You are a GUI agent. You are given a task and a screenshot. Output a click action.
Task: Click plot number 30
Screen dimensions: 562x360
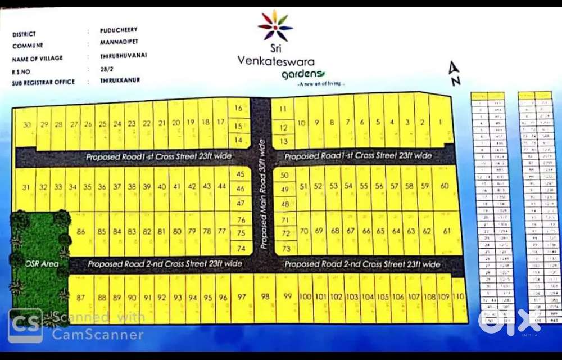(x=26, y=124)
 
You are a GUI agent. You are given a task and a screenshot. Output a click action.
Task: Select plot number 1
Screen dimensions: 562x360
(x=441, y=122)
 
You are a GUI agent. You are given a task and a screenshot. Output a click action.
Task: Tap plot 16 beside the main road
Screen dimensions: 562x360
(x=239, y=107)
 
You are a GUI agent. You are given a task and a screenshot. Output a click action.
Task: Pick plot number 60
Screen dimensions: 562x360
(x=445, y=186)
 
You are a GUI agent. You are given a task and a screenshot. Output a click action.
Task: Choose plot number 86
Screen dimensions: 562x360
(x=81, y=231)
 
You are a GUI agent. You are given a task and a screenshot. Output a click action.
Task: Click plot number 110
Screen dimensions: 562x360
(x=459, y=296)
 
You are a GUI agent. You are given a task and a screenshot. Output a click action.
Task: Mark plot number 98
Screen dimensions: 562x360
(x=265, y=296)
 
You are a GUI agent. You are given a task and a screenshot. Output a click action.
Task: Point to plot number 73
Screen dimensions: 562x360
(x=285, y=248)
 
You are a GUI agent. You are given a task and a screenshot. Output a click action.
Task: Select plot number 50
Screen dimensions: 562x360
(x=284, y=175)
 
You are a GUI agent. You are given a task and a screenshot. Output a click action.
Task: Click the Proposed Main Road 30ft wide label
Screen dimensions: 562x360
(x=262, y=194)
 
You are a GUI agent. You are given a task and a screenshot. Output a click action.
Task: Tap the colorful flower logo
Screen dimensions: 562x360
(x=275, y=26)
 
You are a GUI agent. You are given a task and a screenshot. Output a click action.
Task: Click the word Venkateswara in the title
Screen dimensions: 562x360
(x=276, y=61)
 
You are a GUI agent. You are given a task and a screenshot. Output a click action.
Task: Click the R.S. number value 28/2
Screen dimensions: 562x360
(x=100, y=69)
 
